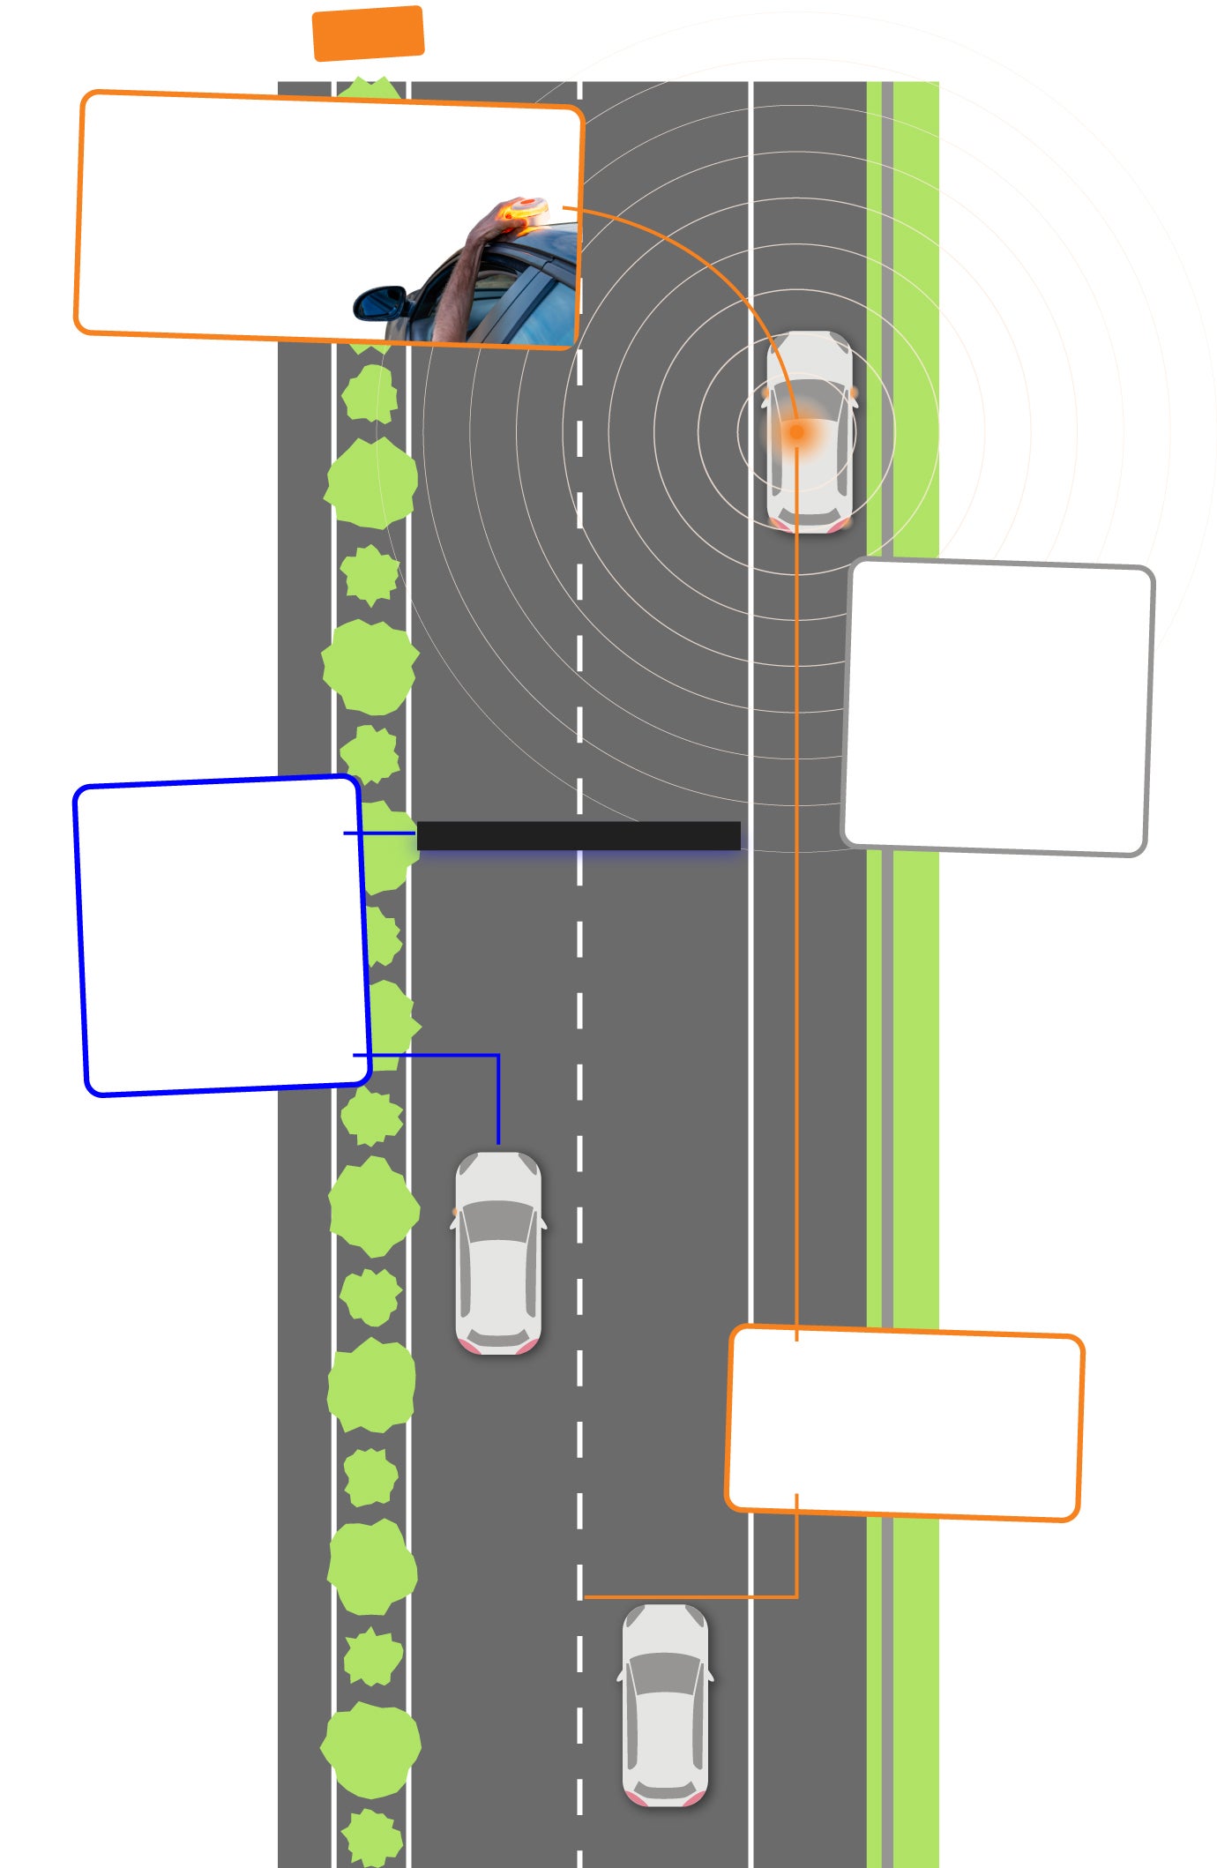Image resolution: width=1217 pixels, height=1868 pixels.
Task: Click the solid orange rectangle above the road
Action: [x=368, y=34]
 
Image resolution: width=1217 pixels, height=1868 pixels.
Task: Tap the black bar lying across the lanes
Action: [x=578, y=835]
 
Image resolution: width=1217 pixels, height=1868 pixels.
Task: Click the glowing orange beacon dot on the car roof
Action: [x=797, y=432]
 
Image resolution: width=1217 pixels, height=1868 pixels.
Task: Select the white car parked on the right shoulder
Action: [x=810, y=432]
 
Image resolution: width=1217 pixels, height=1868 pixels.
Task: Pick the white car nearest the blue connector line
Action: [x=498, y=1252]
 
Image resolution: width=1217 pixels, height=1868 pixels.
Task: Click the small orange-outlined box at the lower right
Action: [x=904, y=1423]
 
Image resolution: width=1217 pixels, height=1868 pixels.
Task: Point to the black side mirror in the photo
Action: [x=380, y=303]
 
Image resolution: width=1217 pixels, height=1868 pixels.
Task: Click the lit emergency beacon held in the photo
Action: [x=527, y=211]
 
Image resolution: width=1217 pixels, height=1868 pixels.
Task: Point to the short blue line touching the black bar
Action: [x=379, y=833]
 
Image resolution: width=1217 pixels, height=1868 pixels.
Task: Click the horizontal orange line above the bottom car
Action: [x=688, y=1596]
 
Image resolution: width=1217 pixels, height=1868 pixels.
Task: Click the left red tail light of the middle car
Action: [x=468, y=1346]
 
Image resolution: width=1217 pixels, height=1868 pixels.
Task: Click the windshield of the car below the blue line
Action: [x=498, y=1222]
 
